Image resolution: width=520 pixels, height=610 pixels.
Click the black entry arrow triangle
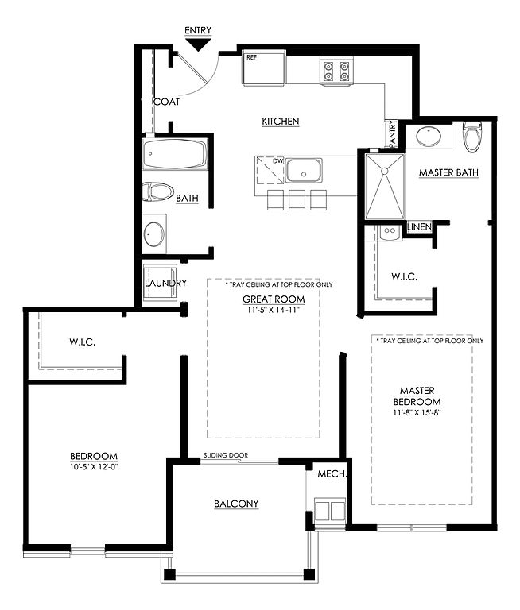coord(199,44)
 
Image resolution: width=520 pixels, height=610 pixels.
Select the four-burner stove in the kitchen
coord(336,71)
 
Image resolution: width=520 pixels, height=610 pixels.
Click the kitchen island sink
coord(304,171)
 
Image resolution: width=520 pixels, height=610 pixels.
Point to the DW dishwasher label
coord(277,160)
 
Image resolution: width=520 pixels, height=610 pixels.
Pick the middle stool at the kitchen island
coord(297,200)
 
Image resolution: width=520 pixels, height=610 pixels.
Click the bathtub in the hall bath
coord(174,153)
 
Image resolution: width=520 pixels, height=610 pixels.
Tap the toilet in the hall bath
coord(157,191)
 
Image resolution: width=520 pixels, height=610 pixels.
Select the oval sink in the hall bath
coord(154,234)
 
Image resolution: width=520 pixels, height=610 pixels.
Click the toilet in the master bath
coord(472,137)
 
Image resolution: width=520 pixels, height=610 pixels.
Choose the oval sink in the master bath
coord(429,135)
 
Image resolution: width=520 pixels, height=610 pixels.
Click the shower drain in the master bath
coord(385,172)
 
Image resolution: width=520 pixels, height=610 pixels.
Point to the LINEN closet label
coord(419,227)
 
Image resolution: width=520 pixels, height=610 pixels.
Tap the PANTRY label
coord(392,133)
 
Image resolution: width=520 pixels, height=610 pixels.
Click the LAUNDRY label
coord(165,283)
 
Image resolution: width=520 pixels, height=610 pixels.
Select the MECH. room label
coord(332,474)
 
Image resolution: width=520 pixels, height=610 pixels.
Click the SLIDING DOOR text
coord(226,455)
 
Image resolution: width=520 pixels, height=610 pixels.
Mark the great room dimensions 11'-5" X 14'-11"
coord(273,310)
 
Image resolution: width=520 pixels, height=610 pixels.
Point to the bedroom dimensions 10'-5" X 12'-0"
coord(94,466)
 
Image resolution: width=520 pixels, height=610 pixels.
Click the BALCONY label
coord(236,504)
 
